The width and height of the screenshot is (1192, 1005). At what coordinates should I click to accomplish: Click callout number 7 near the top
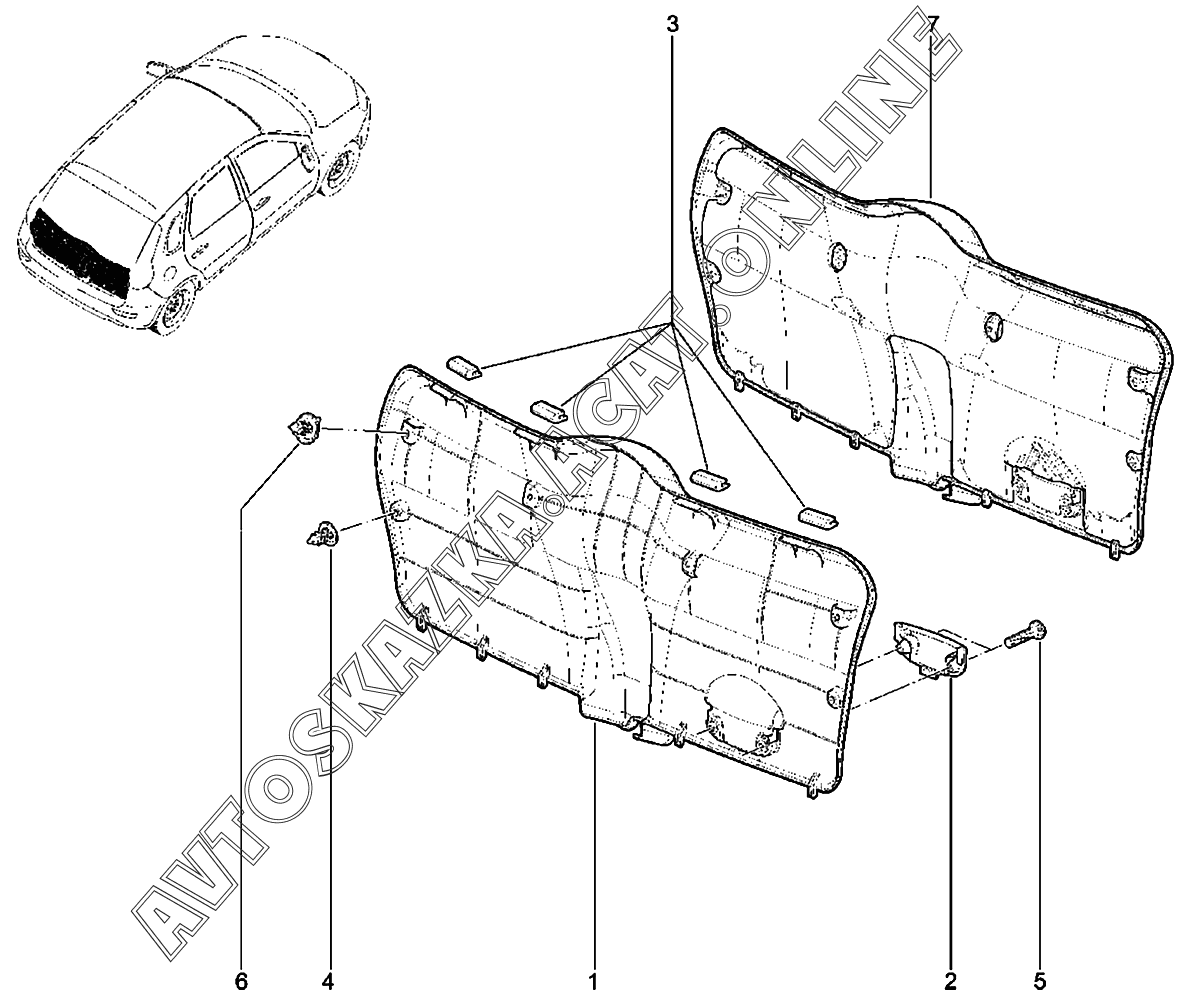point(932,22)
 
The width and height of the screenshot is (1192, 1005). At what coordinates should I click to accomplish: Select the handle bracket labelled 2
point(929,648)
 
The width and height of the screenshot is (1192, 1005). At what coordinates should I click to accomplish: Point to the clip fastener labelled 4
point(322,535)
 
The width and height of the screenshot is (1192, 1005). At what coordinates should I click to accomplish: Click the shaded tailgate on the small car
point(81,251)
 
